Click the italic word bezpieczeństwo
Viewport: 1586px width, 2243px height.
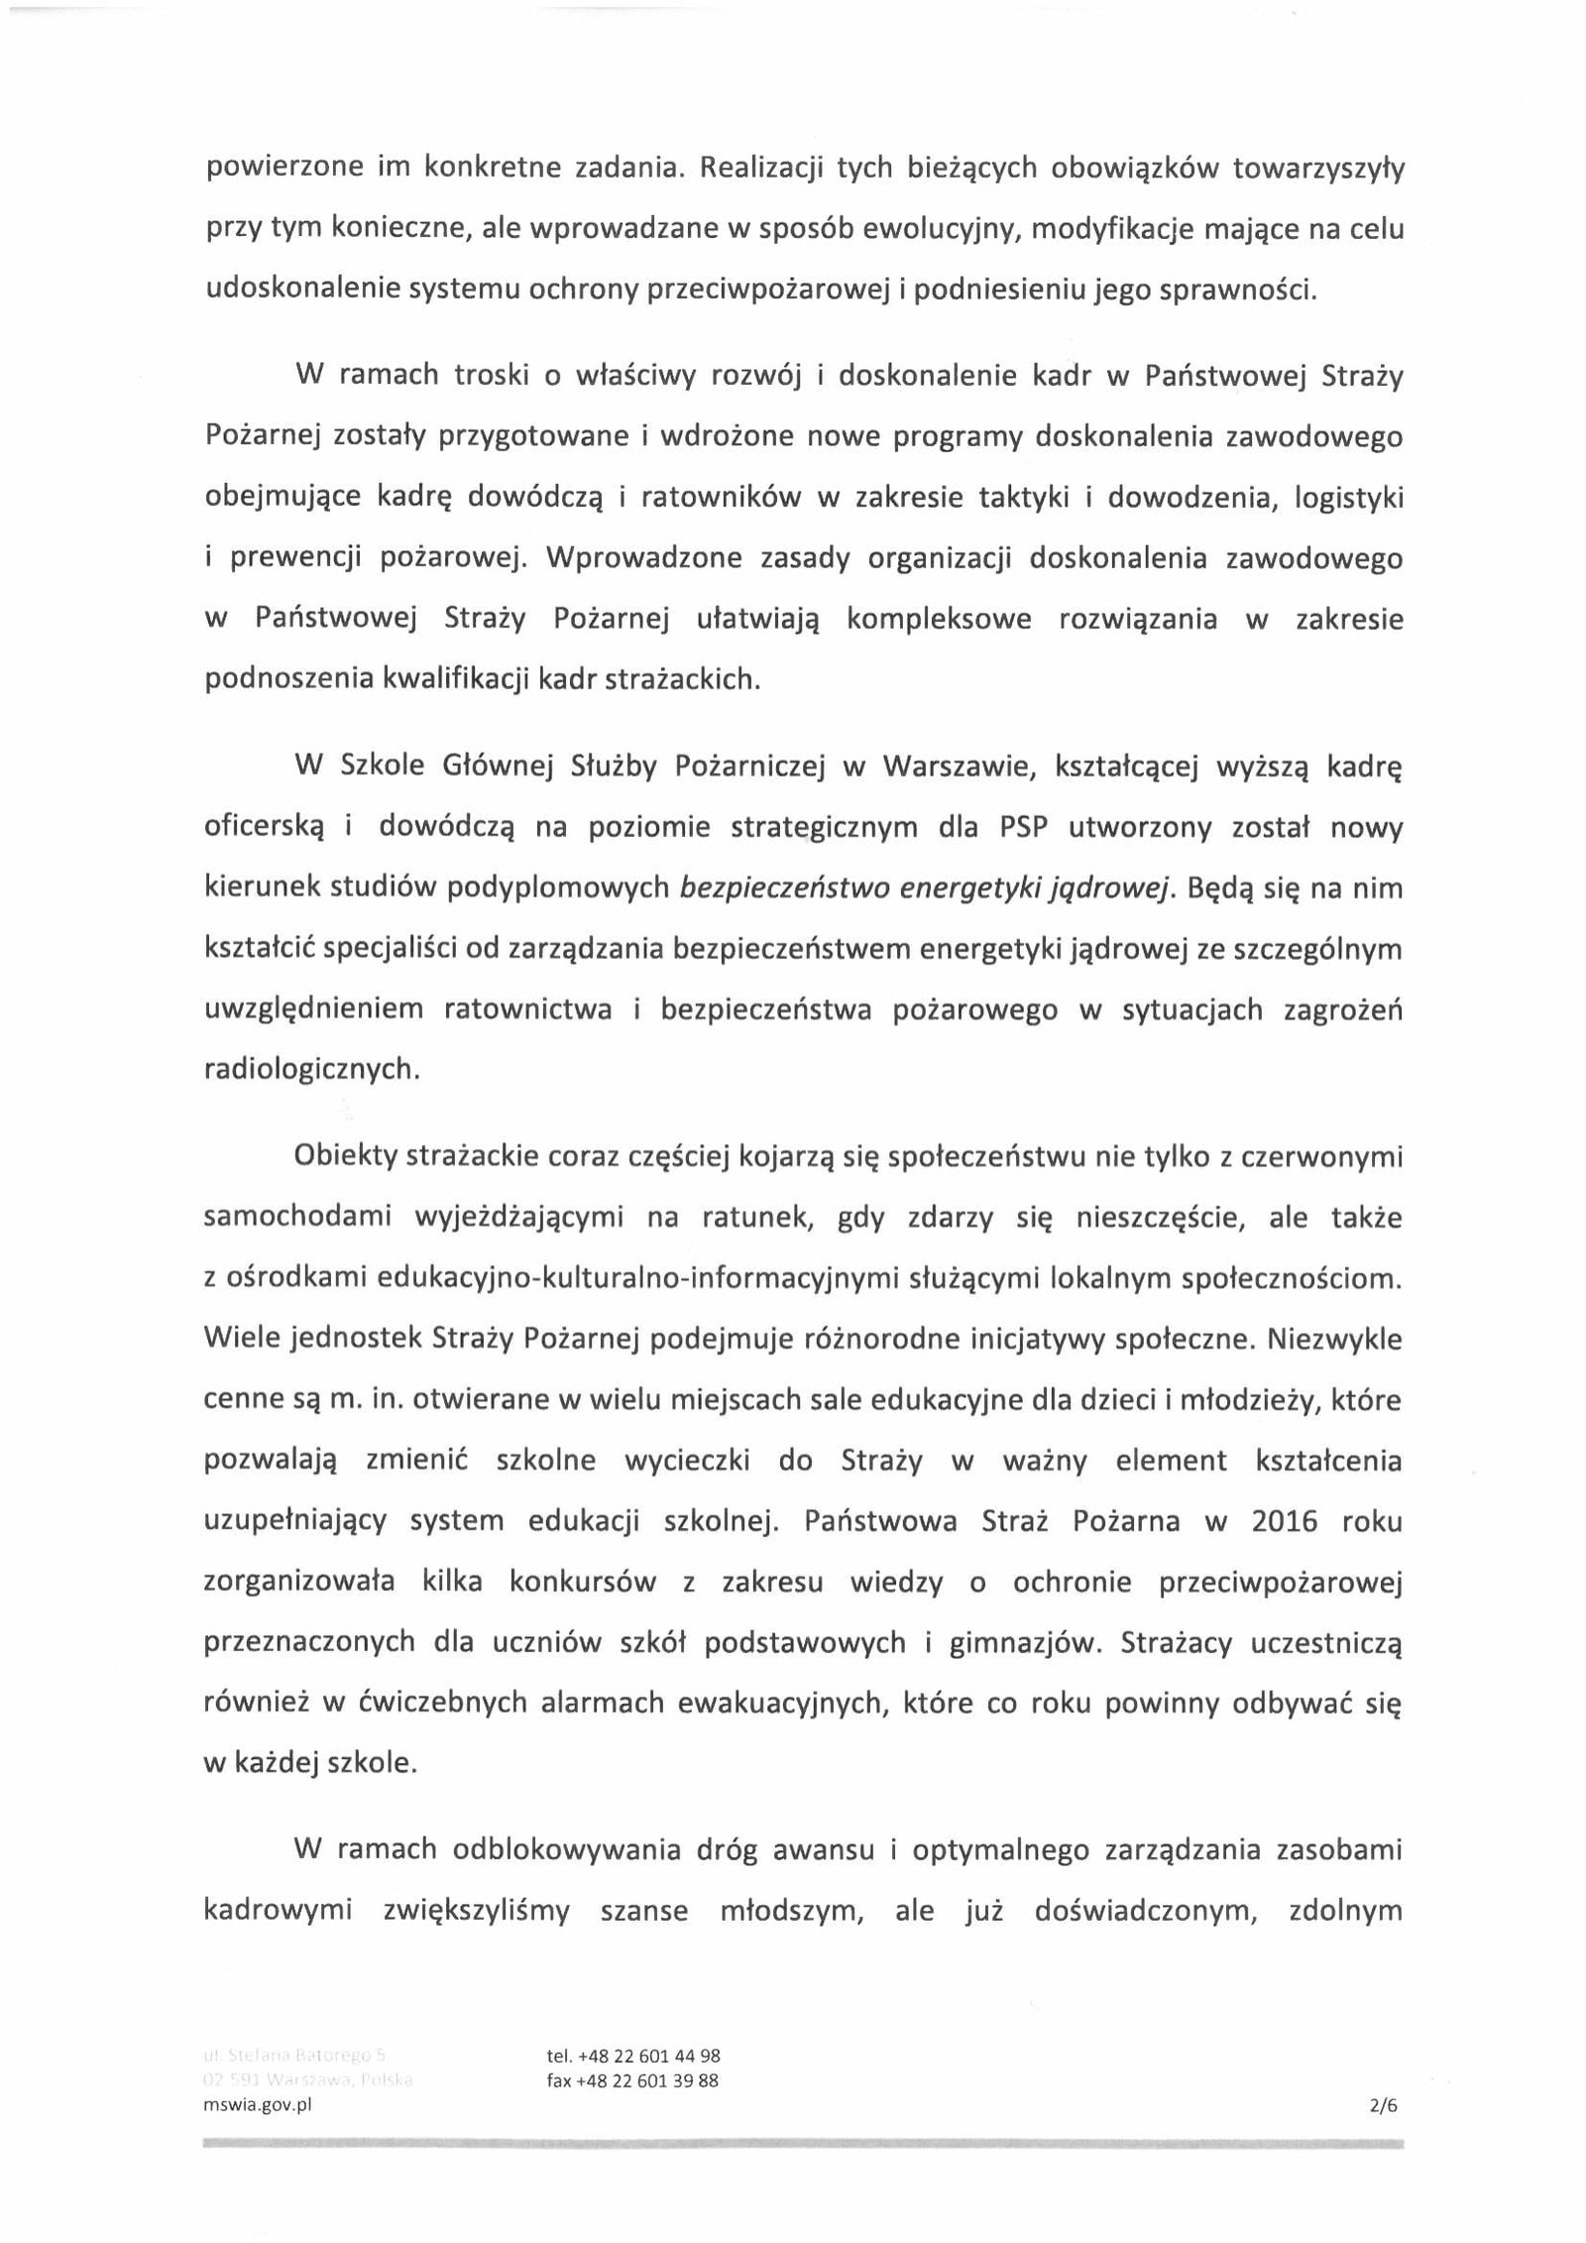pyautogui.click(x=784, y=888)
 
